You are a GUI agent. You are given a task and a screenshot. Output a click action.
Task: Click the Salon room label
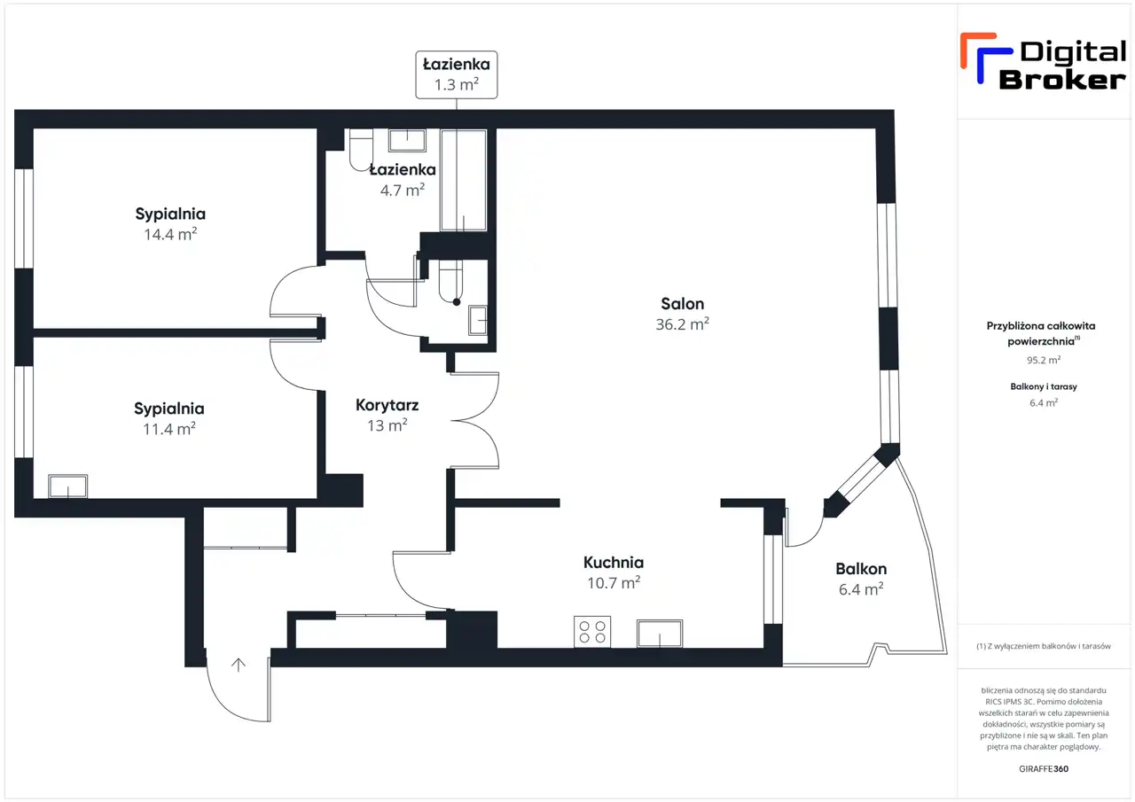point(682,304)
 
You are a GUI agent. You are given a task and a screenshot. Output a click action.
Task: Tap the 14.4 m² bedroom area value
point(170,235)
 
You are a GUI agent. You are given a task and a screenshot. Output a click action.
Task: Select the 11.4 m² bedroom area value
point(169,429)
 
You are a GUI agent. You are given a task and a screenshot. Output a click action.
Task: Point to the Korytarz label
point(387,405)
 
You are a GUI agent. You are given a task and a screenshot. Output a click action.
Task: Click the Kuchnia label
point(614,563)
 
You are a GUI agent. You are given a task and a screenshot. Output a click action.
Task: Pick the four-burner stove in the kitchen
point(592,631)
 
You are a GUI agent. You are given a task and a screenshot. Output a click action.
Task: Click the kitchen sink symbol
point(660,634)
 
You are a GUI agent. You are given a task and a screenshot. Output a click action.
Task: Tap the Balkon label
point(861,569)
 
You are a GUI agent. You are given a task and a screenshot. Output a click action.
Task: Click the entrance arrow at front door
point(239,665)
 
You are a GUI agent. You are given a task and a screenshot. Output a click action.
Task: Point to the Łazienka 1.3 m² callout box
point(457,74)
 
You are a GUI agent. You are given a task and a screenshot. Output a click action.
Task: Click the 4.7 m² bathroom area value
point(403,191)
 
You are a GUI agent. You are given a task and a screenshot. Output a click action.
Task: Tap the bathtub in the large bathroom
point(464,180)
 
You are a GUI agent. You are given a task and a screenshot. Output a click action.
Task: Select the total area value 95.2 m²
point(1044,360)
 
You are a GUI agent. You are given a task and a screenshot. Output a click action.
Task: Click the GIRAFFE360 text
point(1044,769)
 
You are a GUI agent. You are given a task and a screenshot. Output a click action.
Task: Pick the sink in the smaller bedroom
point(68,486)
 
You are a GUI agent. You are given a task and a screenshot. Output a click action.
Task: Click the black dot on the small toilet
point(457,302)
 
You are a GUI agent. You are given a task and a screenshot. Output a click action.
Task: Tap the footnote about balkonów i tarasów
point(1044,646)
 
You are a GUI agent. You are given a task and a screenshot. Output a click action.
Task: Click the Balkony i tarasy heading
point(1044,387)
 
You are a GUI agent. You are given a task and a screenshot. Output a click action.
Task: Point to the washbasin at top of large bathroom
point(407,140)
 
